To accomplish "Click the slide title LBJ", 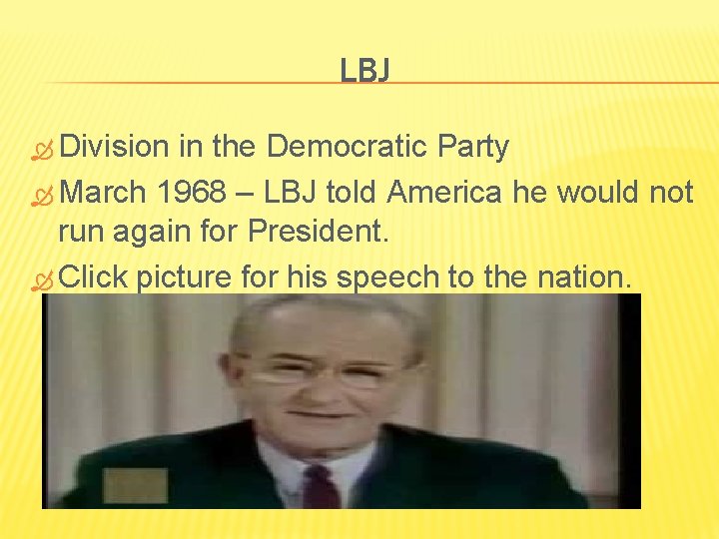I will pyautogui.click(x=364, y=70).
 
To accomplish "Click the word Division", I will pyautogui.click(x=115, y=148).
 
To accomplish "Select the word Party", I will pyautogui.click(x=473, y=148).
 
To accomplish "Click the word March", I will pyautogui.click(x=102, y=192).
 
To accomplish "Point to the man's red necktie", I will pyautogui.click(x=321, y=486).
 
